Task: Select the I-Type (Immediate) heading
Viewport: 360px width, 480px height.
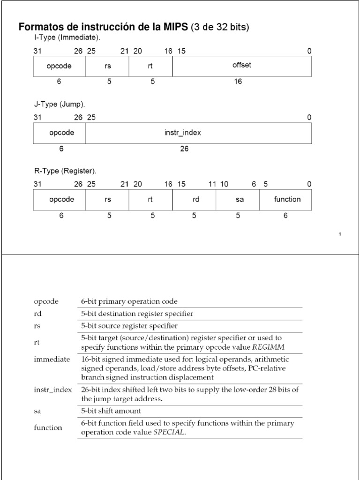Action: tap(67, 37)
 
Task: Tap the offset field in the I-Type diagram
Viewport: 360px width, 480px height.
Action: tap(242, 65)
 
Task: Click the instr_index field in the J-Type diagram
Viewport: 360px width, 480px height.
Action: tap(183, 133)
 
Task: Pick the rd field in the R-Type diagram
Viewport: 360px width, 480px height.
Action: tap(196, 199)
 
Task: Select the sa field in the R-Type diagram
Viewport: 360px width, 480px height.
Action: tap(240, 199)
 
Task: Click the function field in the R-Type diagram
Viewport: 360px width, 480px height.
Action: tap(287, 199)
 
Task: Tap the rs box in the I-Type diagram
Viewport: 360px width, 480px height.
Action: tap(107, 66)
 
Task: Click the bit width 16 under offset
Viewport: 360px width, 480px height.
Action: tap(238, 82)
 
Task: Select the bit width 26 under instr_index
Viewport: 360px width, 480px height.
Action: tap(184, 149)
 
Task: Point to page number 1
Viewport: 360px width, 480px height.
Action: tap(339, 234)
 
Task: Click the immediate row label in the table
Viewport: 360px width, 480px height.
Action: tap(52, 359)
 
